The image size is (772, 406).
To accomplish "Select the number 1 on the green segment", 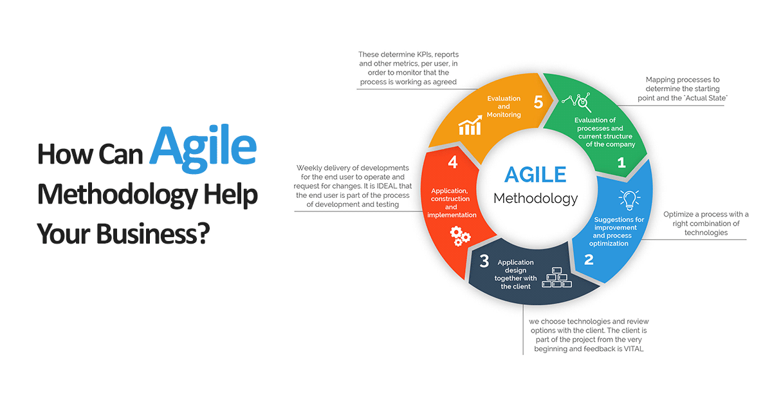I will (x=621, y=162).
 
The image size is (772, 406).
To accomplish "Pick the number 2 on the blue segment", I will (x=589, y=260).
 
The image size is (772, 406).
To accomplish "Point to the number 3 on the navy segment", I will (x=484, y=261).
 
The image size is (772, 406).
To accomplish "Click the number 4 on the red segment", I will (x=453, y=162).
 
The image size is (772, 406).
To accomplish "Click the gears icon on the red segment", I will (x=460, y=236).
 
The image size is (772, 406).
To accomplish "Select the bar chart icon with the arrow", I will (x=471, y=126).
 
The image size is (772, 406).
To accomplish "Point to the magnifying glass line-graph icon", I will (x=576, y=101).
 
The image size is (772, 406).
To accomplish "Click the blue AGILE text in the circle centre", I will (x=535, y=175).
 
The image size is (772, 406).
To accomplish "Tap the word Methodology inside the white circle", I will (x=535, y=198).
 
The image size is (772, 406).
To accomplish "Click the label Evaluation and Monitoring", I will (x=504, y=106).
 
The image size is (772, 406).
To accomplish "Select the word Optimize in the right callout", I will (x=680, y=215).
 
